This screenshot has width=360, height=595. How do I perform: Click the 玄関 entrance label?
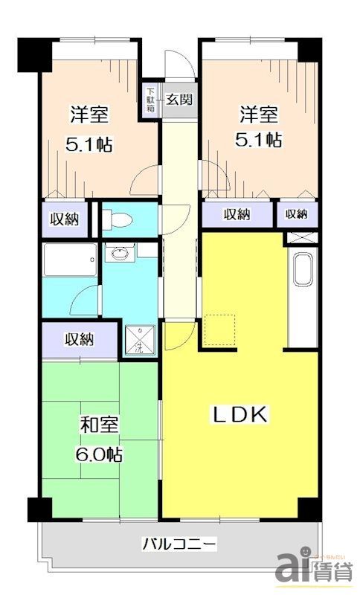[179, 98]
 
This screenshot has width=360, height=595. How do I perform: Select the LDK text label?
[240, 415]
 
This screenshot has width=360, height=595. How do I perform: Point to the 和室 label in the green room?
[98, 427]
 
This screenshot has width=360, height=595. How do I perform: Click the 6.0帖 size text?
[98, 454]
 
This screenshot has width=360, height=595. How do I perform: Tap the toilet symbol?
[119, 219]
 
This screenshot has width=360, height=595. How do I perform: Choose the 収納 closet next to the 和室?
[78, 340]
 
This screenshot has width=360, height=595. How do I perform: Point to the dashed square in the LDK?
[219, 329]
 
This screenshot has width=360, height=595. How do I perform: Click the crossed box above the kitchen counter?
[303, 239]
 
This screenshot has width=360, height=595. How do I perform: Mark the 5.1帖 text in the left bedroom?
[89, 144]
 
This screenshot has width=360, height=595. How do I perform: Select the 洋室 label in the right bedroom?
[259, 115]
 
